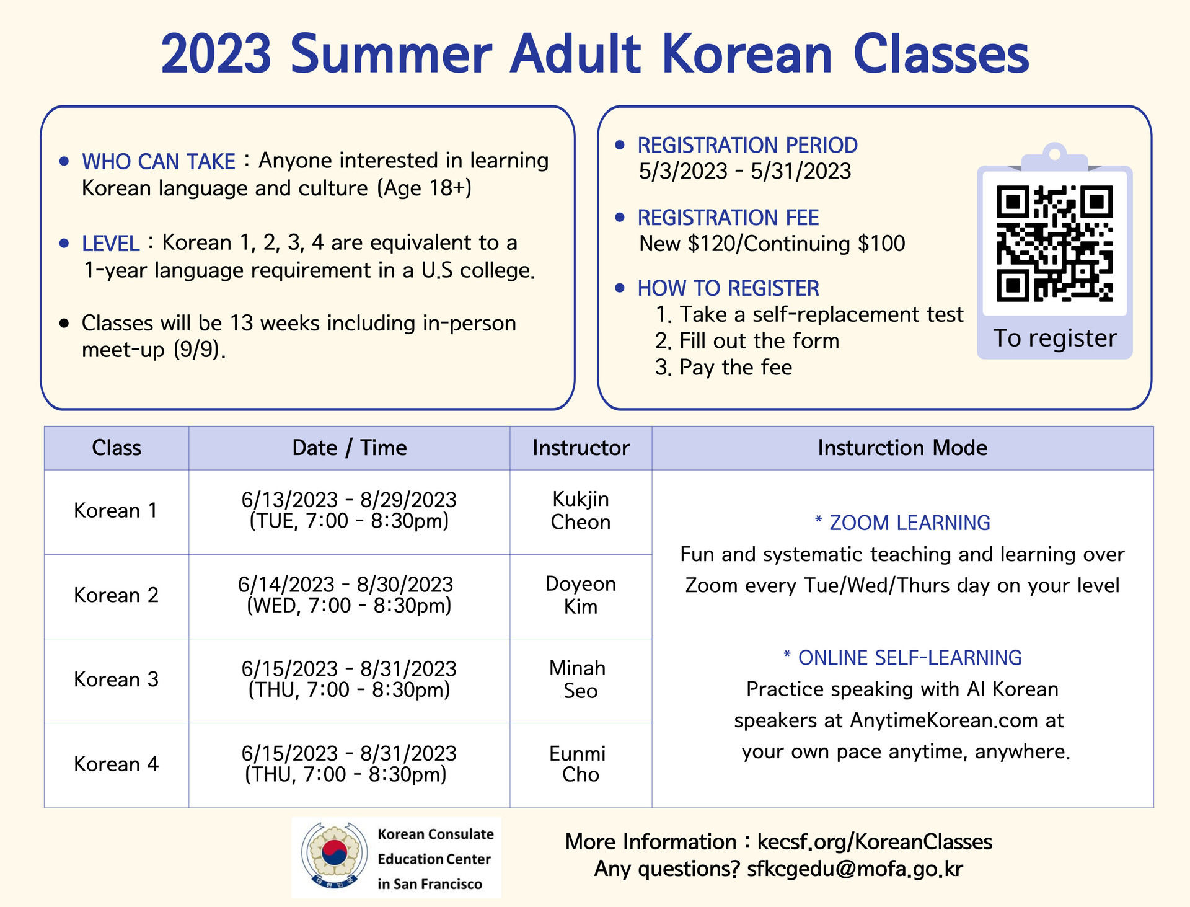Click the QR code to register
1054,244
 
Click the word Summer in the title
390,54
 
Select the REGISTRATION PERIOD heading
747,145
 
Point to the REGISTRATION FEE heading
728,218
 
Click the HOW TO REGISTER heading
728,288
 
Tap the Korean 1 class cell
116,511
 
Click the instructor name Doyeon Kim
581,595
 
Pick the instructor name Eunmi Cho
578,764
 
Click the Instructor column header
581,448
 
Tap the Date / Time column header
350,448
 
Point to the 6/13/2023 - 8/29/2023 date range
349,500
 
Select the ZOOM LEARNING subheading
902,523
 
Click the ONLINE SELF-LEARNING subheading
902,658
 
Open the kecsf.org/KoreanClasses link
875,842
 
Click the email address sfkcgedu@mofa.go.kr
855,869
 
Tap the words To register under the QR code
1055,338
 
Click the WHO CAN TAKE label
159,161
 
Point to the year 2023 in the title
216,54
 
